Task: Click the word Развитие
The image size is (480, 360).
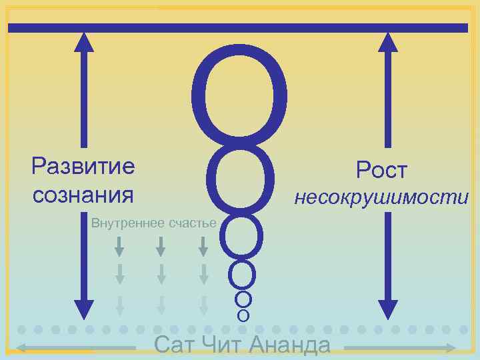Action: click(83, 166)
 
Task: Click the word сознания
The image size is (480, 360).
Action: click(83, 195)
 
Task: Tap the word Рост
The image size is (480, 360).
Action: click(381, 170)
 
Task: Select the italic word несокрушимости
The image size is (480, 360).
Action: click(381, 198)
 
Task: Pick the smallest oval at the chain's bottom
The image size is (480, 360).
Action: click(243, 314)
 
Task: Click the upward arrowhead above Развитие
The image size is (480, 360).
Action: click(84, 43)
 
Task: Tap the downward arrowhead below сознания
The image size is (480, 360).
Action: click(84, 309)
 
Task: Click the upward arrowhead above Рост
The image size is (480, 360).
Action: click(388, 43)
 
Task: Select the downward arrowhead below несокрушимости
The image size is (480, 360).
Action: click(388, 309)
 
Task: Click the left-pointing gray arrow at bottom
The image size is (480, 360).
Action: click(27, 347)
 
